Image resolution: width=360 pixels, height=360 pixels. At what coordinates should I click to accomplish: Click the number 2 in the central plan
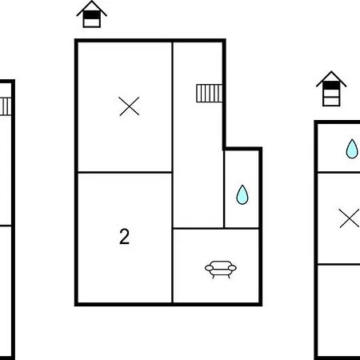(124, 237)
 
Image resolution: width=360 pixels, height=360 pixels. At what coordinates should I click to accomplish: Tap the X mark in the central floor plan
(130, 106)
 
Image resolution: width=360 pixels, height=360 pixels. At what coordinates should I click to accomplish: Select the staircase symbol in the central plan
(210, 94)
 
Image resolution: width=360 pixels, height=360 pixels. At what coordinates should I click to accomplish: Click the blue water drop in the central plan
(242, 194)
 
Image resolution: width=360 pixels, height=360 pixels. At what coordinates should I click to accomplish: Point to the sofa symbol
(221, 270)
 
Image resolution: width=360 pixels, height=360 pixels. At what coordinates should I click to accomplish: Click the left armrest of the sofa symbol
(209, 268)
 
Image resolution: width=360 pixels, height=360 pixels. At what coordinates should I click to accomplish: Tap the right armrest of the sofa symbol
(232, 268)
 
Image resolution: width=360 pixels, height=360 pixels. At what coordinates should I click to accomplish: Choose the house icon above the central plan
(92, 14)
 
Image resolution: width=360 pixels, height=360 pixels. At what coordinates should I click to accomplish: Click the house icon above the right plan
(331, 89)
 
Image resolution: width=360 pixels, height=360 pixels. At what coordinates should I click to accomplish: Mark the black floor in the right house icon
(331, 86)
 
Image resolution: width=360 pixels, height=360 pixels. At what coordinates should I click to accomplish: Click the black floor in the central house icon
(92, 15)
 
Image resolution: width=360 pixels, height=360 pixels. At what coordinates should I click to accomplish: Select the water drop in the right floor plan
(352, 149)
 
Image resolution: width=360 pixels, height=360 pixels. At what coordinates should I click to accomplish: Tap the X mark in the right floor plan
(350, 218)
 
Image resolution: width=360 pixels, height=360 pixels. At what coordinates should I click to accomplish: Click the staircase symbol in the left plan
(6, 106)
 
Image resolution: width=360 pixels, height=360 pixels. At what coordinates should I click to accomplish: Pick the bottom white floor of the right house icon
(331, 101)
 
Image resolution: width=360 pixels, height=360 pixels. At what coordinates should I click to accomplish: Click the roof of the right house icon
(331, 79)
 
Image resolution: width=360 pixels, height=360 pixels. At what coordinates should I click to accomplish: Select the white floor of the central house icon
(92, 22)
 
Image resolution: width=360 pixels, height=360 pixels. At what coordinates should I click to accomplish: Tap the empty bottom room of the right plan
(339, 310)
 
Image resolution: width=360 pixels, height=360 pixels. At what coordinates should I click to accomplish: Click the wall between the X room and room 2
(125, 172)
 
